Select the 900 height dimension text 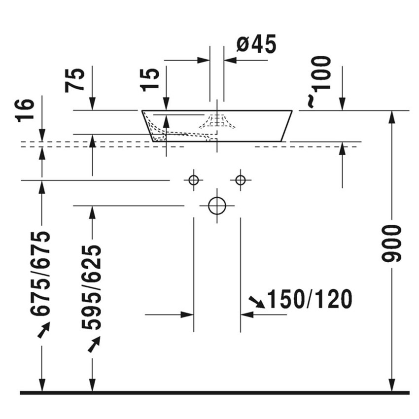[393, 243]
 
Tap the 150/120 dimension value [309, 299]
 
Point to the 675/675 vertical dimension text [40, 274]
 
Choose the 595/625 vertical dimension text [91, 287]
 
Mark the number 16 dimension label [25, 110]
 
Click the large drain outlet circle [217, 205]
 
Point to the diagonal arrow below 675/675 [43, 330]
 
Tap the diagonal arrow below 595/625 [94, 344]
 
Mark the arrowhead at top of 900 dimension [392, 117]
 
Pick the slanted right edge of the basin [287, 126]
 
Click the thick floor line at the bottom [214, 393]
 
